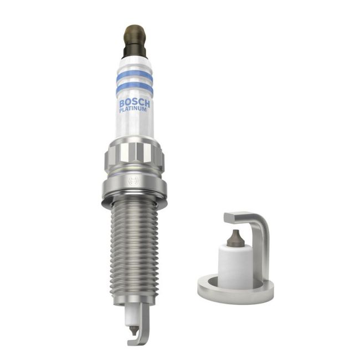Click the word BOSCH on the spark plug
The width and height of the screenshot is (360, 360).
(133, 104)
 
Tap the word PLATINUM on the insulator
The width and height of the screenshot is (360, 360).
(133, 110)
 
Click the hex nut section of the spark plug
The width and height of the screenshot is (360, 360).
(134, 155)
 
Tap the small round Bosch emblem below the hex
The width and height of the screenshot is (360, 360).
(132, 181)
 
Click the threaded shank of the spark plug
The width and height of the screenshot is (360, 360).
(134, 249)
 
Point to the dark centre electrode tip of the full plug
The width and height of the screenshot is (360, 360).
(133, 331)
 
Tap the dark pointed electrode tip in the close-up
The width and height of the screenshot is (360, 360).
(235, 238)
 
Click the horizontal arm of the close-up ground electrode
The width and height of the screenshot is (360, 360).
(244, 217)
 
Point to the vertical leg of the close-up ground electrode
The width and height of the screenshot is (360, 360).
(261, 249)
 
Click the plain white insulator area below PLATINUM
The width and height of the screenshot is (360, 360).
(133, 126)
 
